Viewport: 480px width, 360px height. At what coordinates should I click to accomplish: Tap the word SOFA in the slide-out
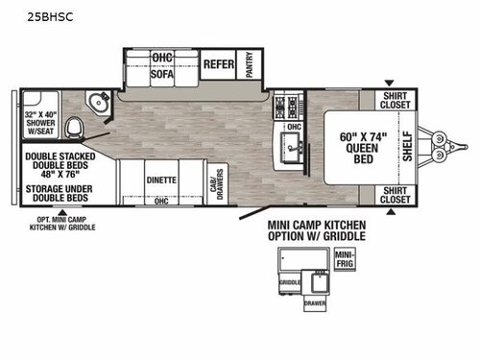[x=161, y=70]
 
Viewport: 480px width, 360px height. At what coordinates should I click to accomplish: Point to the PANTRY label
[x=250, y=64]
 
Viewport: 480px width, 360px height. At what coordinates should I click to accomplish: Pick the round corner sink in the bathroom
[x=97, y=103]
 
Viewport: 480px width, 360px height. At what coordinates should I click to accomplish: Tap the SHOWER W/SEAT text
[x=41, y=125]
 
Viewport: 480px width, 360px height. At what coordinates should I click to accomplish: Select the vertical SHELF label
[x=405, y=145]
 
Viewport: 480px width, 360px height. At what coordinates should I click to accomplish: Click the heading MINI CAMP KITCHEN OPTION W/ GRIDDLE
[x=316, y=230]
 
